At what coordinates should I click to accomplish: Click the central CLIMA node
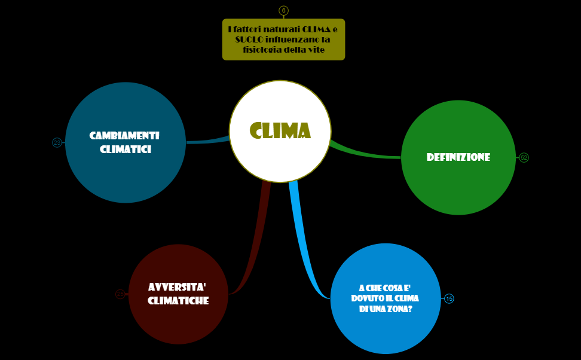[280, 131]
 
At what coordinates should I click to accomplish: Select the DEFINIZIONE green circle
[458, 157]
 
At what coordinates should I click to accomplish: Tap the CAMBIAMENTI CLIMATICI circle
[126, 142]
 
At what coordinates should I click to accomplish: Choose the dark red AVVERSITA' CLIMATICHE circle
[178, 294]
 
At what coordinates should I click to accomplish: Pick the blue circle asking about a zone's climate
[385, 298]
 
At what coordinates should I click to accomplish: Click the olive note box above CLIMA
[283, 39]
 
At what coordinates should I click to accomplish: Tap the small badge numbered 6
[283, 10]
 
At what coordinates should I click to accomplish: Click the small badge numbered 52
[524, 158]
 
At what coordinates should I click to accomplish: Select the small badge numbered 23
[57, 142]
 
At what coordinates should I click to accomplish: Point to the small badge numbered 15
[449, 298]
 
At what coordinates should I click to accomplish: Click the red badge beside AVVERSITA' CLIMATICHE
[120, 294]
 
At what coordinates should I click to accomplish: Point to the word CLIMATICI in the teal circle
[126, 150]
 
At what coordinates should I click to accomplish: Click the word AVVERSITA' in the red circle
[178, 286]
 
